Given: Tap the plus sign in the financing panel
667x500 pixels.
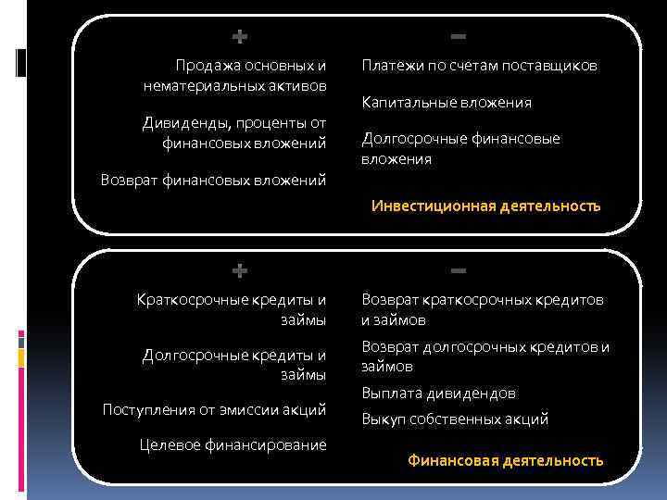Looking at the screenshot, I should (x=239, y=271).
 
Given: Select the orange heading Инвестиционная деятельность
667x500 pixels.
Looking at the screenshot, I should (x=486, y=206).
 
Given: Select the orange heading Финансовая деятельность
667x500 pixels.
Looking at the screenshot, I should (x=506, y=460).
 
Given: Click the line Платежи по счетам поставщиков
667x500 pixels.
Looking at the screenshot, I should (x=479, y=66).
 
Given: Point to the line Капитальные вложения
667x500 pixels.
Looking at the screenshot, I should (x=447, y=103).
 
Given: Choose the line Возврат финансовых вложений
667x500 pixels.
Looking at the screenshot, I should (x=213, y=180).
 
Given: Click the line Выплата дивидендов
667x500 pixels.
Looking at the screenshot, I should (x=439, y=394).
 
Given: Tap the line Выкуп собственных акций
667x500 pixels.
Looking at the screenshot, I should (x=455, y=419).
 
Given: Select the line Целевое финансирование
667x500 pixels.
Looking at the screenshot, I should (x=233, y=445).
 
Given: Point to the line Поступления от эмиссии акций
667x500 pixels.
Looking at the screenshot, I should (x=214, y=409).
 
